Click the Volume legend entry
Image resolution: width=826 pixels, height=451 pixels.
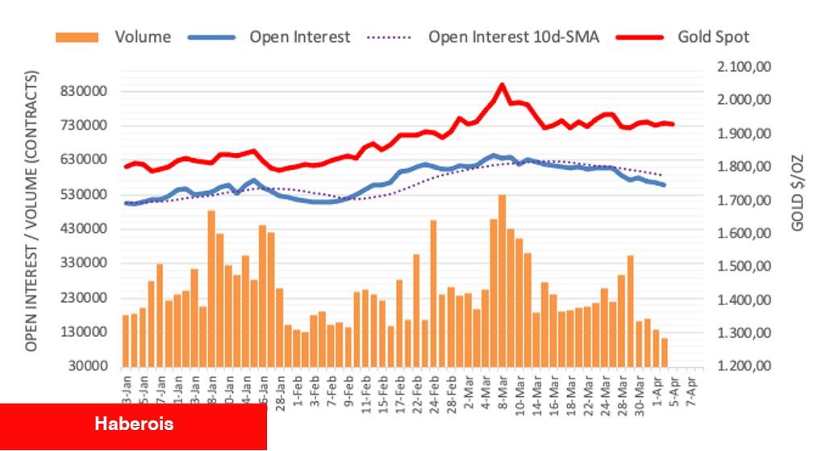pyautogui.click(x=142, y=37)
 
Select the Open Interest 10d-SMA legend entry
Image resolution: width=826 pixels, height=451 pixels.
pyautogui.click(x=513, y=37)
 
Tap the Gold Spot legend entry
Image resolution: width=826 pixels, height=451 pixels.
pyautogui.click(x=713, y=37)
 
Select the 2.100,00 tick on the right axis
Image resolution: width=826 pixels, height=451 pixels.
pyautogui.click(x=745, y=67)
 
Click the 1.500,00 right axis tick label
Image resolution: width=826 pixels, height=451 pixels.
pyautogui.click(x=745, y=267)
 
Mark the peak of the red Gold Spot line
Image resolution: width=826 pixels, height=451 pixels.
pyautogui.click(x=502, y=85)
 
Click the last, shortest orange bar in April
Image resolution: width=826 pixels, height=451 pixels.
pyautogui.click(x=665, y=352)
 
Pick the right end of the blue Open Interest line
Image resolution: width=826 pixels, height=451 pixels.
pyautogui.click(x=665, y=185)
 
